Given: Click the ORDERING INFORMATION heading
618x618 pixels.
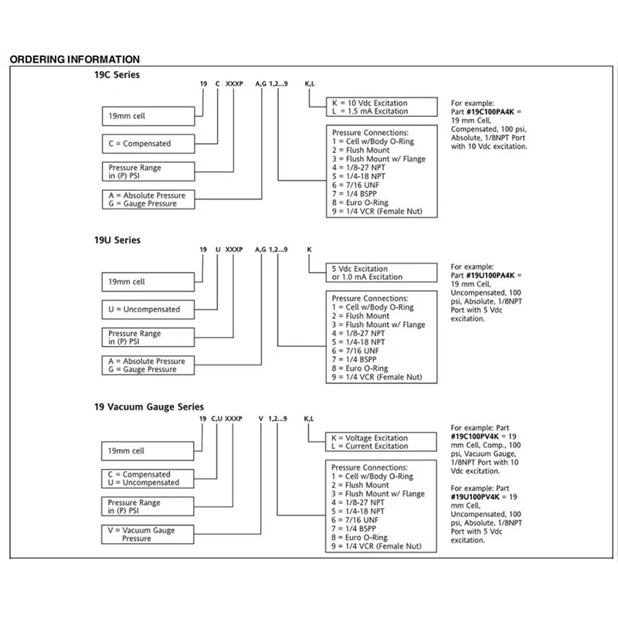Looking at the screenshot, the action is point(74,59).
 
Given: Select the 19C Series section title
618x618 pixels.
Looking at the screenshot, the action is point(117,74).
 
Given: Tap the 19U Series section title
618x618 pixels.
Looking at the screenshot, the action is point(117,240).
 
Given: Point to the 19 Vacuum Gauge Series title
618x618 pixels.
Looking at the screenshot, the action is point(149,407).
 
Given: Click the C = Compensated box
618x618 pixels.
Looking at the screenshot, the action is point(148,144).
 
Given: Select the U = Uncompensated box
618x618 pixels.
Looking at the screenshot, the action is point(148,310).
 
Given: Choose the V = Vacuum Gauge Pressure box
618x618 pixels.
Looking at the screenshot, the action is point(148,535).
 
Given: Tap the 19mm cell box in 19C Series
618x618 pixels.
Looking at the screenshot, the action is point(148,117).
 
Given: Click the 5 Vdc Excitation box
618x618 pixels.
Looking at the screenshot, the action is point(382,273).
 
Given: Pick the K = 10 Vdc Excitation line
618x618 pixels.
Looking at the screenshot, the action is point(370,103).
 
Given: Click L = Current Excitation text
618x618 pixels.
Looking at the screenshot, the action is point(370,447).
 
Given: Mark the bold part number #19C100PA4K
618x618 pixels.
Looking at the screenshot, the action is point(491,112).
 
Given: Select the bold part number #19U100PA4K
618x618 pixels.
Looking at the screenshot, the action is point(491,276).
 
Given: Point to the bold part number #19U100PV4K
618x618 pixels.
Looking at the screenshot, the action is point(475,497).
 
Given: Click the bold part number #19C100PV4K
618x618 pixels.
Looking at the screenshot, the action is point(475,436).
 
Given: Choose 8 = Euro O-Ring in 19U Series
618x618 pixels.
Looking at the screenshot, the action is point(360,368).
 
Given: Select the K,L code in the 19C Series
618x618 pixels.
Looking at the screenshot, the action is point(310,83).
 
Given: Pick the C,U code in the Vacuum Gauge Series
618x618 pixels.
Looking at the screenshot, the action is point(217,419).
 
